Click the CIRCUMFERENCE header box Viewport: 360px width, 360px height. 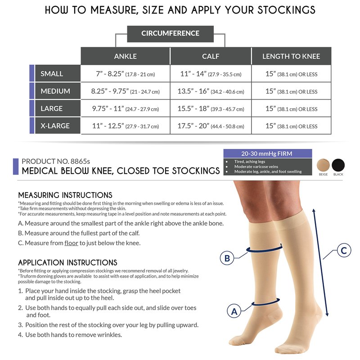171,34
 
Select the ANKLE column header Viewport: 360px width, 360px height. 126,56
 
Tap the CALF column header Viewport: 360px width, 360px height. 211,56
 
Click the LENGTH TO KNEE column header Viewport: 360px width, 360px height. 291,56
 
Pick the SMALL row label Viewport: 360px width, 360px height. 58,73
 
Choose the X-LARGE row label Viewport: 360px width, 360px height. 58,126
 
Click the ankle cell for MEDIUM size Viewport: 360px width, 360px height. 126,91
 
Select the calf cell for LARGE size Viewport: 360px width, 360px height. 211,108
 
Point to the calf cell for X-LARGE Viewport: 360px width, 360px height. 211,126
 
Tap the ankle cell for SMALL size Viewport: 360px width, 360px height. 126,74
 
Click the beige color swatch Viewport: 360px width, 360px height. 323,165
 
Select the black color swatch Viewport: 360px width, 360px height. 338,165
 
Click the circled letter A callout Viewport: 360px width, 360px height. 234,311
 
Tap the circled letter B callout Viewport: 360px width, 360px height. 227,258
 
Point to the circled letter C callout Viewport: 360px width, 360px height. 344,250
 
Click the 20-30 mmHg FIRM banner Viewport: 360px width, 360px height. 268,153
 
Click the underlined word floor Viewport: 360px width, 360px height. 71,243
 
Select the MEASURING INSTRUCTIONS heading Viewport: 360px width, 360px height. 65,195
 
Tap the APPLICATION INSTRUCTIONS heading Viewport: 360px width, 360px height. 68,262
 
